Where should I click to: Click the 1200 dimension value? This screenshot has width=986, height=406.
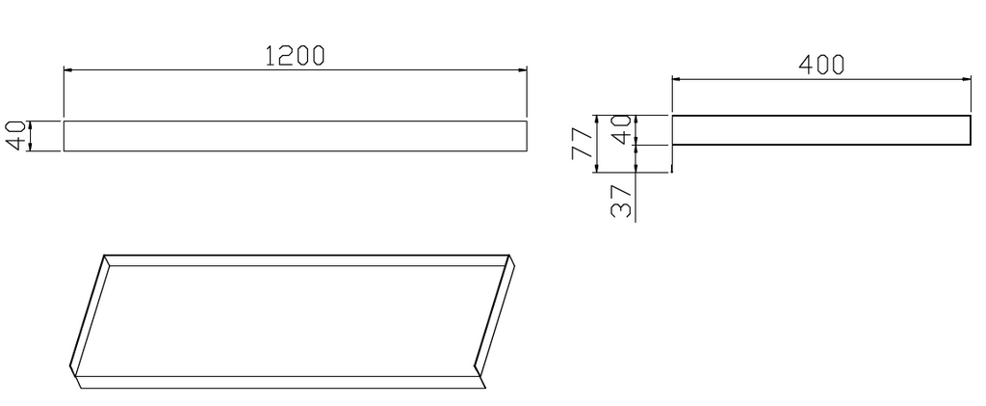295,56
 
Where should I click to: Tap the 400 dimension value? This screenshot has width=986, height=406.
821,65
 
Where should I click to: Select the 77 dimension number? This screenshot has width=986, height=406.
583,143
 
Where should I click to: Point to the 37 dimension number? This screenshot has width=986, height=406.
621,201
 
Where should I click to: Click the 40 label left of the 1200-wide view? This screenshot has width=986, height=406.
16,135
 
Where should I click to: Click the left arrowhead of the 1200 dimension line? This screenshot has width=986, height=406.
68,69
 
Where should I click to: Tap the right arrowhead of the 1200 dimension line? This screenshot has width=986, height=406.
522,69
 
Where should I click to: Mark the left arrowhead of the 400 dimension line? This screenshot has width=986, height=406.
677,79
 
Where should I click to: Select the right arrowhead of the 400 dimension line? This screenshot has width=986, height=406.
967,79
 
